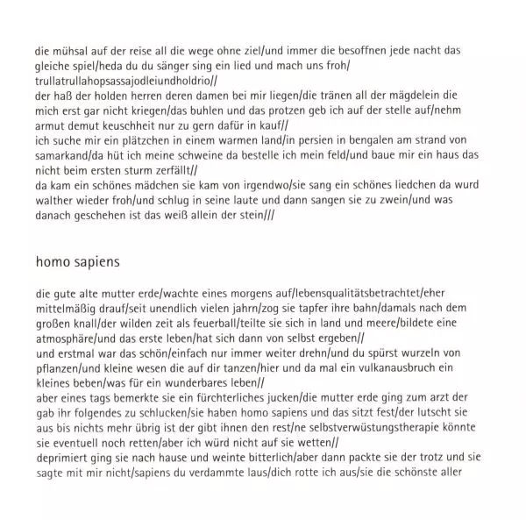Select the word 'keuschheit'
tap(146, 124)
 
